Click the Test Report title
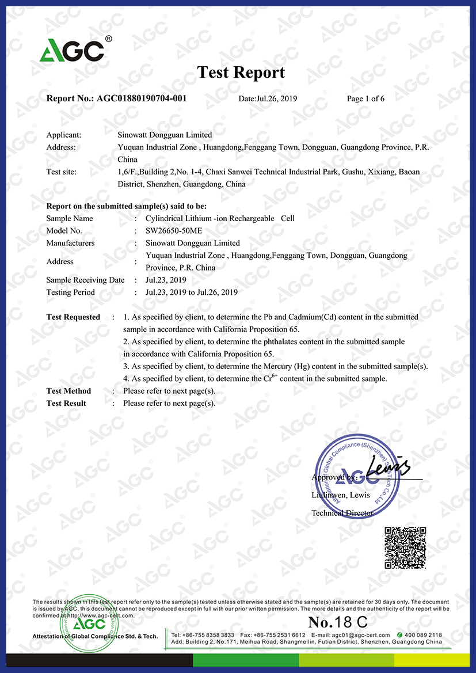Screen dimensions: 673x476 (241, 73)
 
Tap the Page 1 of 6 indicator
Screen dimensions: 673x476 (365, 99)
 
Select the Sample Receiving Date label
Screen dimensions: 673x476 (85, 280)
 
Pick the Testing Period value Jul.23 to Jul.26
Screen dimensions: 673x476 (192, 292)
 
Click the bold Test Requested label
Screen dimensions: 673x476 (73, 317)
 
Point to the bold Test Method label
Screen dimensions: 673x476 (68, 391)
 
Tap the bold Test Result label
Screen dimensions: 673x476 (66, 404)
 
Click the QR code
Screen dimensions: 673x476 (405, 547)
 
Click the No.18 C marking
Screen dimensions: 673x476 (338, 622)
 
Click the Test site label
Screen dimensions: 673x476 (61, 172)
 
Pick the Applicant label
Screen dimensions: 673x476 (63, 135)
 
